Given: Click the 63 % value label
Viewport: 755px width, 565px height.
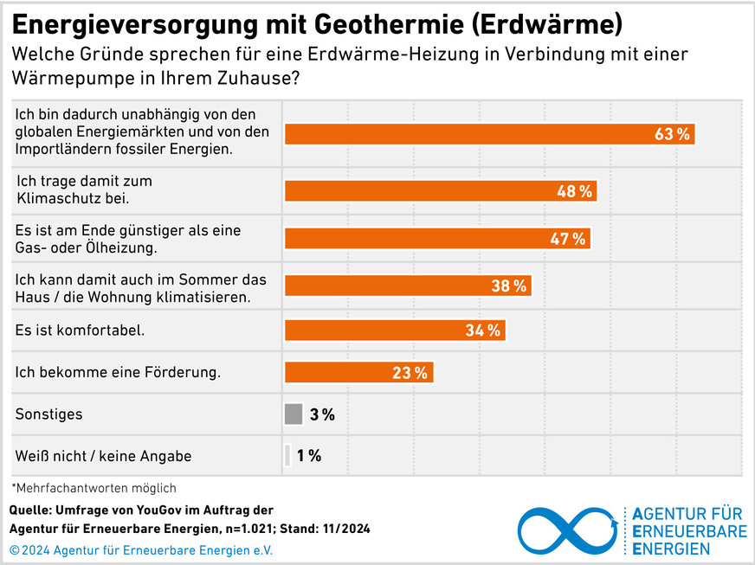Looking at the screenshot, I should (672, 135).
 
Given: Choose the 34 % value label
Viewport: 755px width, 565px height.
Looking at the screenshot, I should (483, 330).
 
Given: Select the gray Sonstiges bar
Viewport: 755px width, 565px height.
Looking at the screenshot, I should (294, 414).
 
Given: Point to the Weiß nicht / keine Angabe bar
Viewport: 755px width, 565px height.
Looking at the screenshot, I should (287, 455).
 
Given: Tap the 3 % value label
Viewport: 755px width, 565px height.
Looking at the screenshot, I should (322, 414).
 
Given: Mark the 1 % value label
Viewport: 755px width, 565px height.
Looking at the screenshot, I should (309, 455).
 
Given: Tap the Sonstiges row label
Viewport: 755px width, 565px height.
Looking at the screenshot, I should (49, 414).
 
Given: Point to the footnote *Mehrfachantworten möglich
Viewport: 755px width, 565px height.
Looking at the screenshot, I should (94, 487).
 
